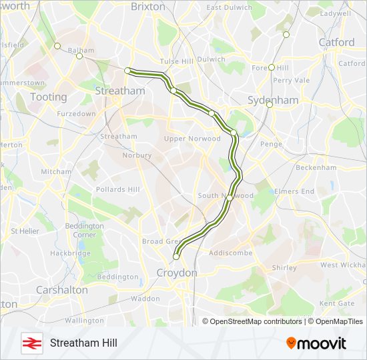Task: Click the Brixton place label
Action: coord(147,6)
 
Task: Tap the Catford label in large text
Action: coord(336,42)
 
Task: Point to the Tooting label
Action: coord(48,97)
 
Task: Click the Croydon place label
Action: coord(176,273)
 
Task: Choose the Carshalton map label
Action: coord(61,290)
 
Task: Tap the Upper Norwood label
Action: coord(192,139)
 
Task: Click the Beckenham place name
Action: coord(316,167)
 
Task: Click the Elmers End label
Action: coord(294,191)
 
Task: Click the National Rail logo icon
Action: coord(30,343)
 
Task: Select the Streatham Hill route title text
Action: coord(83,343)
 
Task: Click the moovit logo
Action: coord(316,343)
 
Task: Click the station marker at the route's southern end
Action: coord(176,256)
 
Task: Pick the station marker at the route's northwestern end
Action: coord(127,70)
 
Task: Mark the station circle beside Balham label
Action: coord(79,56)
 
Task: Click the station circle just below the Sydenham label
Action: coord(270,105)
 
